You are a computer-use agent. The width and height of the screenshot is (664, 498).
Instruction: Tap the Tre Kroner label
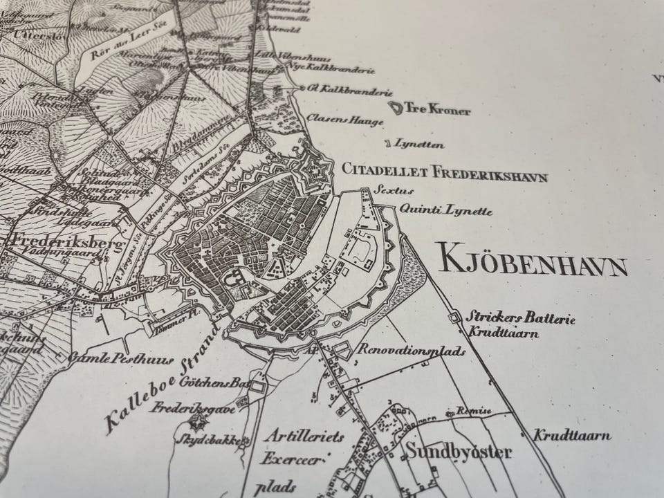point(429,110)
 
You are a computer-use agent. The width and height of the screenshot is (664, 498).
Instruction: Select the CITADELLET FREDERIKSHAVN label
point(444,172)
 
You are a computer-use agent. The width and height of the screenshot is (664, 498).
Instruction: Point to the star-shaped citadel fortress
point(316,168)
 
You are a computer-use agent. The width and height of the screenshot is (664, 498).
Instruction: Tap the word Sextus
point(382,189)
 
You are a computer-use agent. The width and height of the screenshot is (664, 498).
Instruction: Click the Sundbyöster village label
point(459,453)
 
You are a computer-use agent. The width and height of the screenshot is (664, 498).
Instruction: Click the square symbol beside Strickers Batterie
point(454,317)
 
